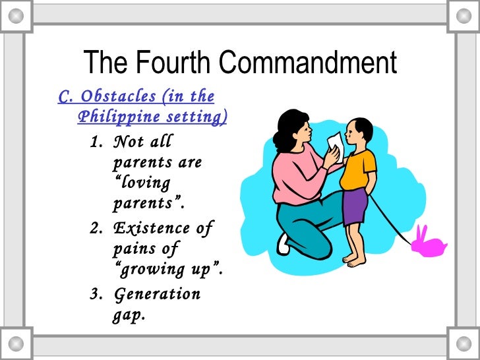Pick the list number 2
(94, 229)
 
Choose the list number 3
(94, 293)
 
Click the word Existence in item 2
(155, 229)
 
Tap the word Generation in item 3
(156, 293)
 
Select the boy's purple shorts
(355, 206)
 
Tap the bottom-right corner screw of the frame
(464, 344)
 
